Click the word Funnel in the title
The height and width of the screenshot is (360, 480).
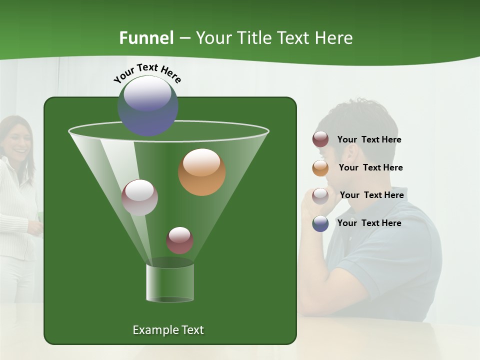coord(146,38)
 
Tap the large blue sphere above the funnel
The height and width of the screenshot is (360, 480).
coord(148,105)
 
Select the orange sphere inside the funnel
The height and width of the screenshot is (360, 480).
coord(202,172)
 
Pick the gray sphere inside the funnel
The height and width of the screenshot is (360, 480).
coord(140,197)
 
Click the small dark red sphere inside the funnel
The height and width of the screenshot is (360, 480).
coord(179,240)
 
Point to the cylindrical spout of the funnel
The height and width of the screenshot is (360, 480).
coord(170,282)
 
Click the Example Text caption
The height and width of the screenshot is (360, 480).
coord(168,330)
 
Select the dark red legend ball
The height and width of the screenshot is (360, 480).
coord(320,139)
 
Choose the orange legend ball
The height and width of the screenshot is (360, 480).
coord(320,167)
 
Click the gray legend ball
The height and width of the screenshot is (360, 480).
coord(320,195)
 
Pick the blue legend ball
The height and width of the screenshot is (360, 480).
coord(320,223)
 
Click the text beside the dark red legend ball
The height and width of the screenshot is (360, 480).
coord(369,139)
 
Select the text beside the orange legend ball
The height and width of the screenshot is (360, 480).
coord(370,167)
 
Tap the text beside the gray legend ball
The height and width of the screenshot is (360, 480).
coord(371,195)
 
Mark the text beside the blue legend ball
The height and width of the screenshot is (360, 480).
coord(369,223)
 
